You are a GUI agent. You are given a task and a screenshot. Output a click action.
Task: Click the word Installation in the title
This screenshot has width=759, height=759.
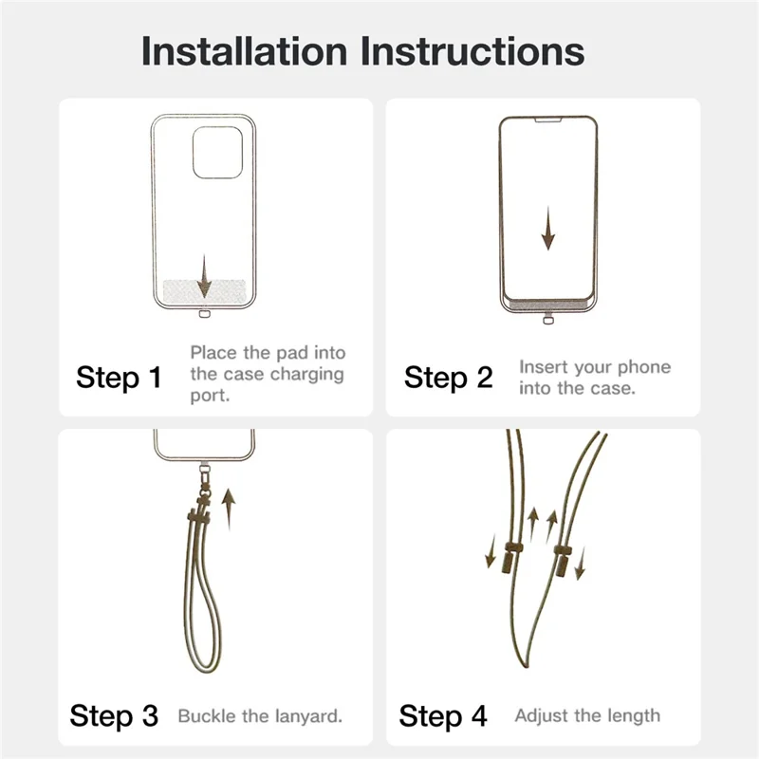245,51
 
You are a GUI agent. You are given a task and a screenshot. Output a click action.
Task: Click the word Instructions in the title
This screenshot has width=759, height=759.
472,51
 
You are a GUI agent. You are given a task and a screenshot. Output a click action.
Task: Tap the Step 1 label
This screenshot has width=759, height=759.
120,378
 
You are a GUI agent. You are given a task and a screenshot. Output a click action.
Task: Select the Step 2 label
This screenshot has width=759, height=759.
448,378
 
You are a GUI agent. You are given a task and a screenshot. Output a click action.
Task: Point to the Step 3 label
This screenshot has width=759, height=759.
114,716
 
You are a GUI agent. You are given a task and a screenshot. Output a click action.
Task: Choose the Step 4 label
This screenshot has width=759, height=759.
443,716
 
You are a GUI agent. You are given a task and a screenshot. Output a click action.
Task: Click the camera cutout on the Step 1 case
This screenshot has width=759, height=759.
218,153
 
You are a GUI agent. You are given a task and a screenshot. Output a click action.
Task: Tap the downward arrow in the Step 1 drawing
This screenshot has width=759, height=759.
204,276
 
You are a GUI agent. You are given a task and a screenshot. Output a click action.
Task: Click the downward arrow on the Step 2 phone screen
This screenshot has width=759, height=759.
548,228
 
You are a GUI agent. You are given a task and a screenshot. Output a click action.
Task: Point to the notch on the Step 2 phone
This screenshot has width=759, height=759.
548,120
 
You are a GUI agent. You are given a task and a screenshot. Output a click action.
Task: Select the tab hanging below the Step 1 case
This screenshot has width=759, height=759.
205,314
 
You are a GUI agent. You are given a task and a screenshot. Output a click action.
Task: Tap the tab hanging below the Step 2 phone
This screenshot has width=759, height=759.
548,320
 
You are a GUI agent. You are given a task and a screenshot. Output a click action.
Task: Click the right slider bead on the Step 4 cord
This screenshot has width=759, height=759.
563,560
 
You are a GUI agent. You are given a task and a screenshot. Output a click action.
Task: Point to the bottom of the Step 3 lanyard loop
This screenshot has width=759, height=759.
204,670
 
